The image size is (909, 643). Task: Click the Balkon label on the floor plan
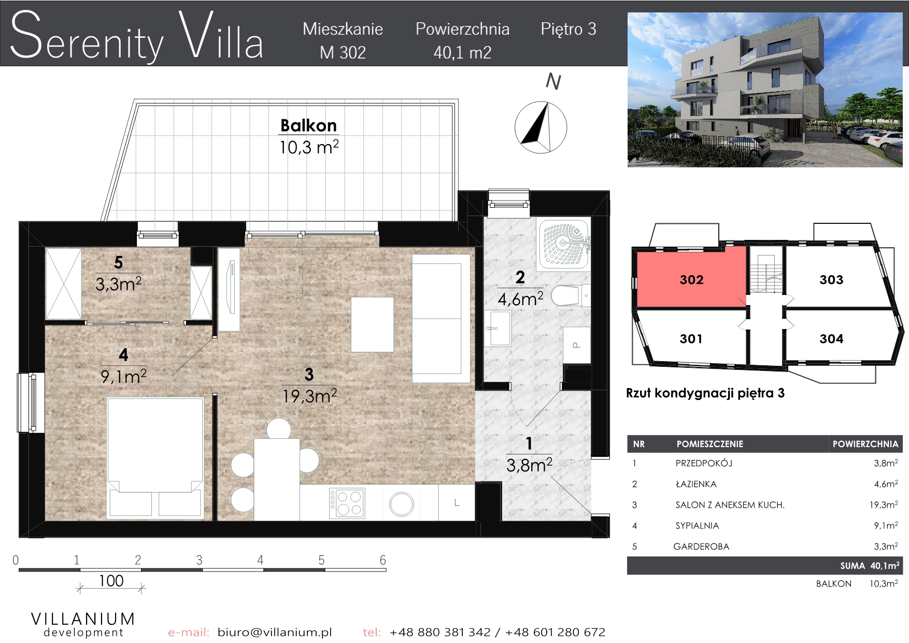pos(308,125)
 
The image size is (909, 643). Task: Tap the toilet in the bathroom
pos(570,296)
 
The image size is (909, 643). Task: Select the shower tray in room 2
pos(564,245)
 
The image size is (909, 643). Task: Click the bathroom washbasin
pos(498,328)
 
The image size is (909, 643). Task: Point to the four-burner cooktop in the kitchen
pos(347,503)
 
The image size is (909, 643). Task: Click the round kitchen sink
pos(402,503)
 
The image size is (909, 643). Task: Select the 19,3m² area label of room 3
pos(309,396)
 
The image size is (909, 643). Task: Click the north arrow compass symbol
pos(541,127)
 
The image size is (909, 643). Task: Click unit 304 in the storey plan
pos(831,339)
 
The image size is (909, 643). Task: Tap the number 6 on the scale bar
pos(382,560)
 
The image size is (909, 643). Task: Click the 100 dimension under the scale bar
pos(111,581)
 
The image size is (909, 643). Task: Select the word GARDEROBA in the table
pos(701,546)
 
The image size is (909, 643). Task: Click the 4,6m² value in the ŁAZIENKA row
pos(886,484)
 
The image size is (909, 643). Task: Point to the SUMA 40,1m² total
pos(870,565)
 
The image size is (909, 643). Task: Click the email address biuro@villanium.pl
pos(275,632)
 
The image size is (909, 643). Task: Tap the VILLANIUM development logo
pos(83,624)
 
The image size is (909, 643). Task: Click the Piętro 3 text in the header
pos(569,29)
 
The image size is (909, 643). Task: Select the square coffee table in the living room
pos(372,324)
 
